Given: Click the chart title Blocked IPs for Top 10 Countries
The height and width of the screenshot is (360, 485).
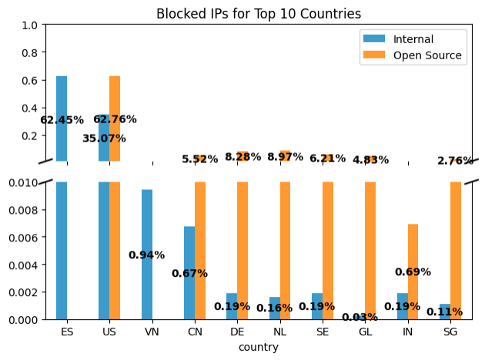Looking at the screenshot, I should [x=259, y=14].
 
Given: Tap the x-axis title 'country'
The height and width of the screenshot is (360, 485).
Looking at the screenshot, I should [x=259, y=347].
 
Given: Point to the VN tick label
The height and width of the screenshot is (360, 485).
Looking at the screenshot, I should [x=152, y=332].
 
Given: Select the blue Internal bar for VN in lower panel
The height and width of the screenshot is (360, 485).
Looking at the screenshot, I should [x=147, y=254].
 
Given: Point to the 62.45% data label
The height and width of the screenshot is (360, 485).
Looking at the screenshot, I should [x=62, y=120].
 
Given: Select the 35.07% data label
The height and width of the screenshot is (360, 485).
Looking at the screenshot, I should [x=104, y=138].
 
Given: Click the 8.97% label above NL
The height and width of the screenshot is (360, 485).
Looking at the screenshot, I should [x=285, y=157].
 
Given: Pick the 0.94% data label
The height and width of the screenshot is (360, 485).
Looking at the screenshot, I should [x=146, y=255].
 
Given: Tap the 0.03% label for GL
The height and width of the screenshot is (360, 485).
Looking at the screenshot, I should [x=360, y=317].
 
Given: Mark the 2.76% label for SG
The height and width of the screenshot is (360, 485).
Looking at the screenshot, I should [x=455, y=161].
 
